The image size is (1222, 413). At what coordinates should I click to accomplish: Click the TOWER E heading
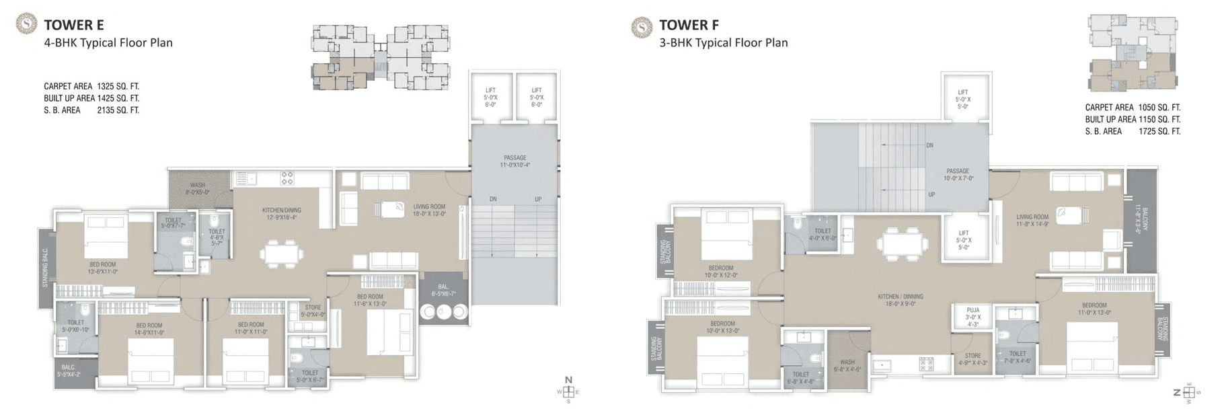coord(73,26)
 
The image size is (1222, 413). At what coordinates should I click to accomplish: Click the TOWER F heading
coord(689,26)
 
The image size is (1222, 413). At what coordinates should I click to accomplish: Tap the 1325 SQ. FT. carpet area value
coord(118,87)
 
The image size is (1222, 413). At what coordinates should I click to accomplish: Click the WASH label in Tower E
coord(197,188)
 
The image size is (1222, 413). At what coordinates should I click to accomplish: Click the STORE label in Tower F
coord(972,359)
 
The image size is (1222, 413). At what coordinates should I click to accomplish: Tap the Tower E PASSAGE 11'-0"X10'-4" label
coord(514,161)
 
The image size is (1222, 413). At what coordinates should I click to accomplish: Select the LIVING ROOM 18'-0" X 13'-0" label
coord(429,211)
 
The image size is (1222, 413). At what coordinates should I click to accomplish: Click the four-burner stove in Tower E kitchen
coord(287,178)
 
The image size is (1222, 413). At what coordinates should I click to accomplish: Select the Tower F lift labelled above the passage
coord(962,99)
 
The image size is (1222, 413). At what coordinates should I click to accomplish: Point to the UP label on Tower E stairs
coord(537,199)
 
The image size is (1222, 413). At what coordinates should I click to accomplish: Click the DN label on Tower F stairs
coord(929,145)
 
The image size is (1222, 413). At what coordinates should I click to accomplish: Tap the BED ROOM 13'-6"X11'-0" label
coord(103,268)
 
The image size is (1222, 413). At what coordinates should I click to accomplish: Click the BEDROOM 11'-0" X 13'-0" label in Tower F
coord(1094,309)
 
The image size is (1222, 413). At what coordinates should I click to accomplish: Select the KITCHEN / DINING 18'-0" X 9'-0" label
coord(900,300)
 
